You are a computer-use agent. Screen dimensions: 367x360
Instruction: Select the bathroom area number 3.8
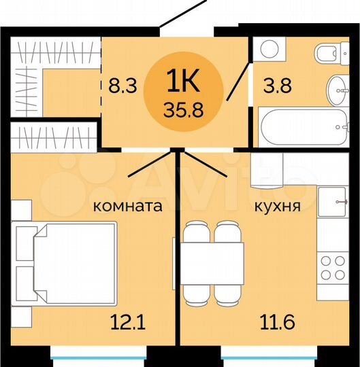click(x=276, y=87)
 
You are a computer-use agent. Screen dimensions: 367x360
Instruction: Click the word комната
click(x=127, y=206)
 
